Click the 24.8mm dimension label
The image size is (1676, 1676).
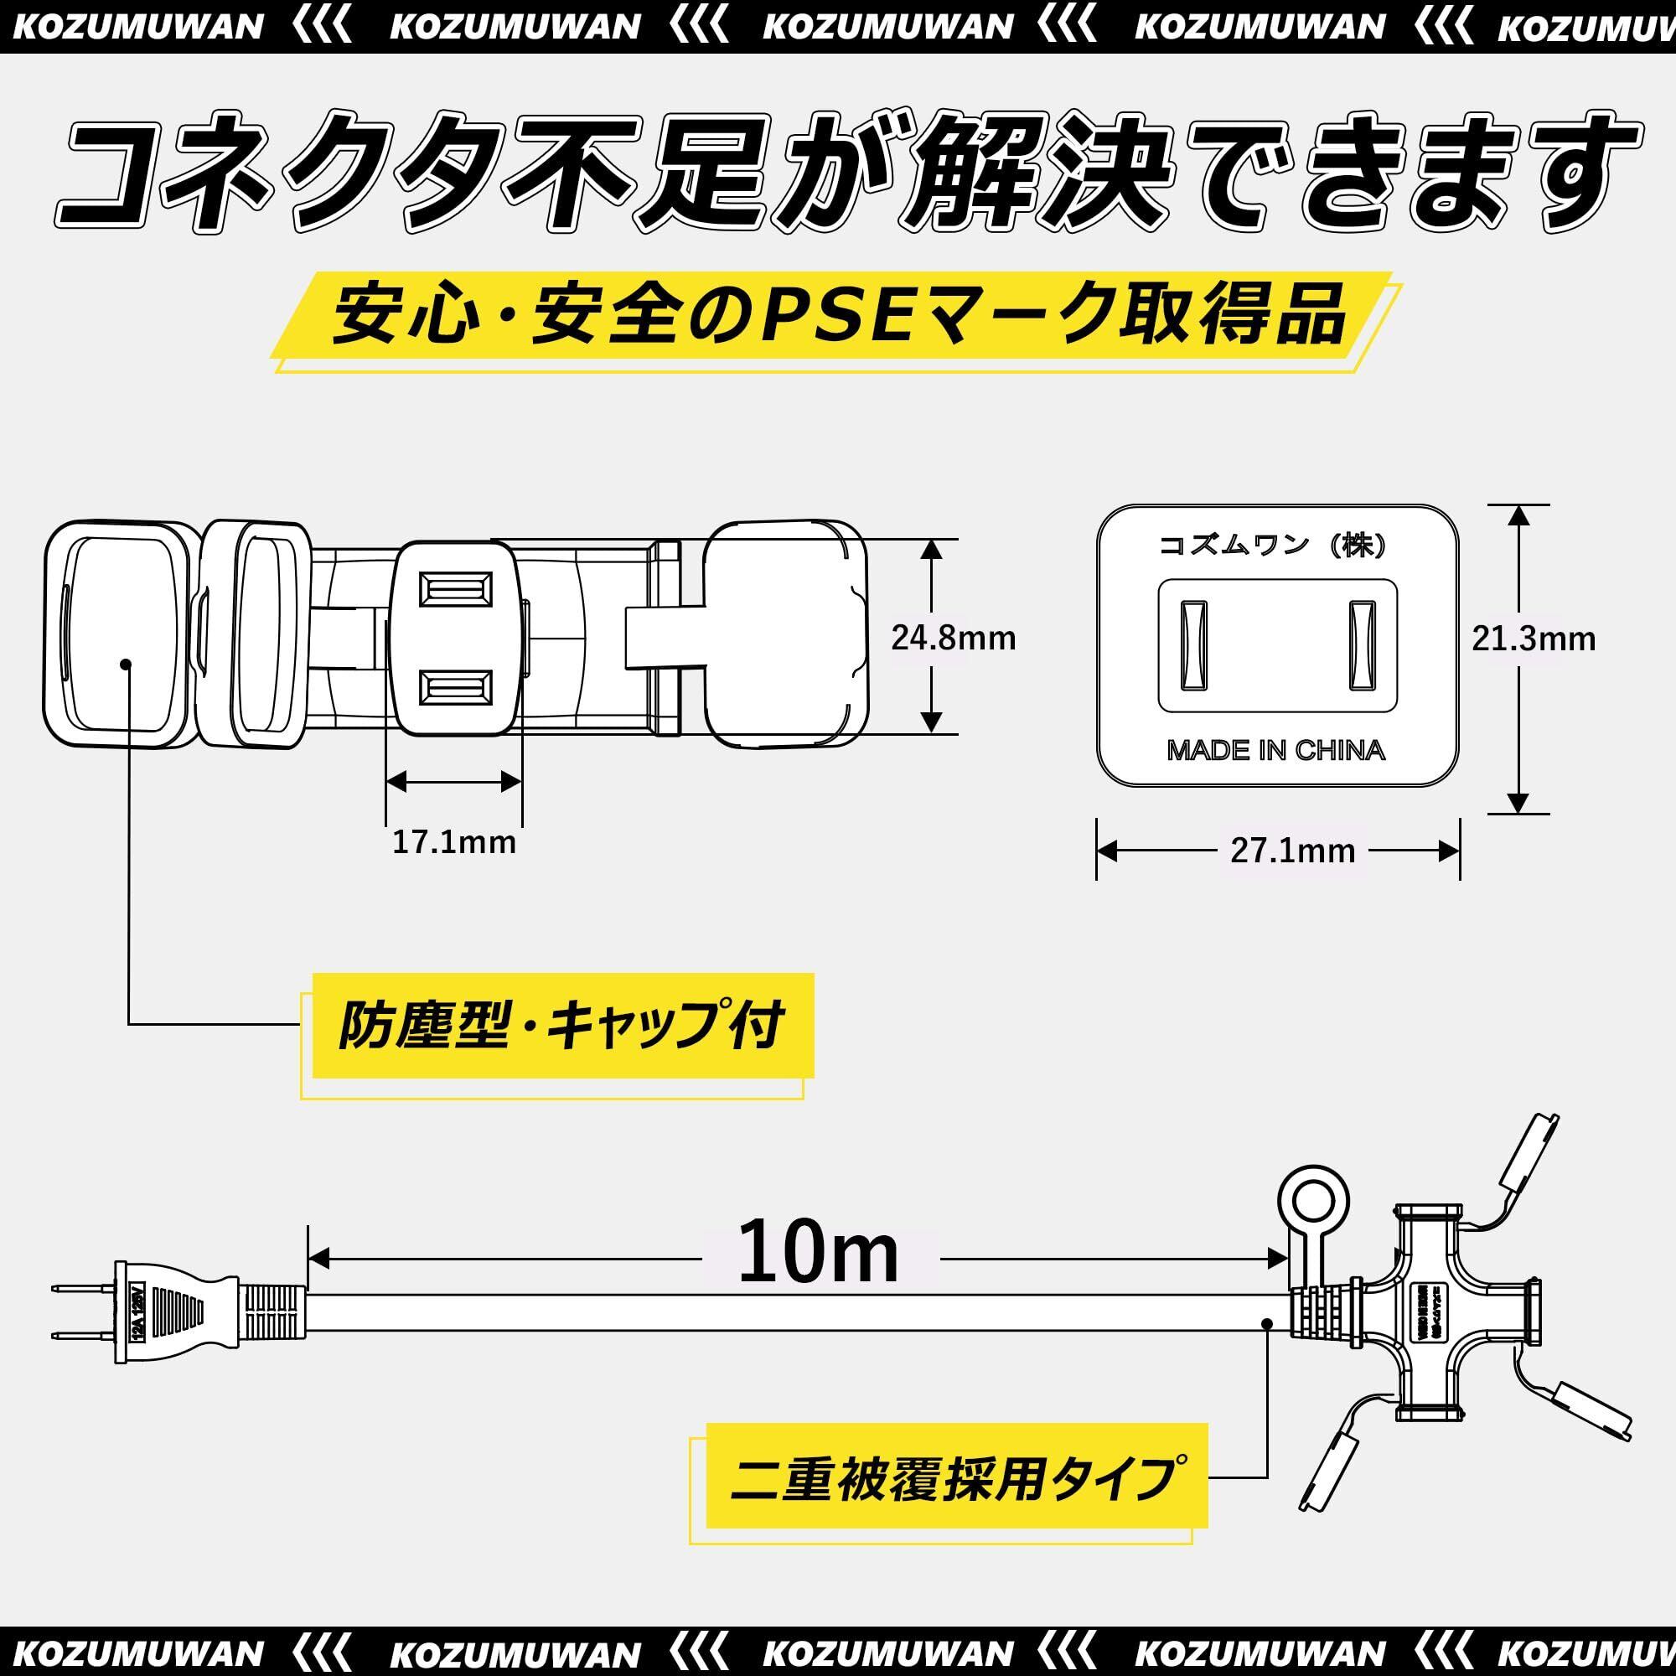click(x=953, y=639)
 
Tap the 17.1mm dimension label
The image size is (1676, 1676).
click(x=453, y=842)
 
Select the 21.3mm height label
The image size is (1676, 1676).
click(x=1533, y=639)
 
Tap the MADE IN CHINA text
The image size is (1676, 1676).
click(x=1276, y=750)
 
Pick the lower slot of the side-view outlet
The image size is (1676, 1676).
click(x=454, y=689)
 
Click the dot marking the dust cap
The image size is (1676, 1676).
click(x=127, y=664)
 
